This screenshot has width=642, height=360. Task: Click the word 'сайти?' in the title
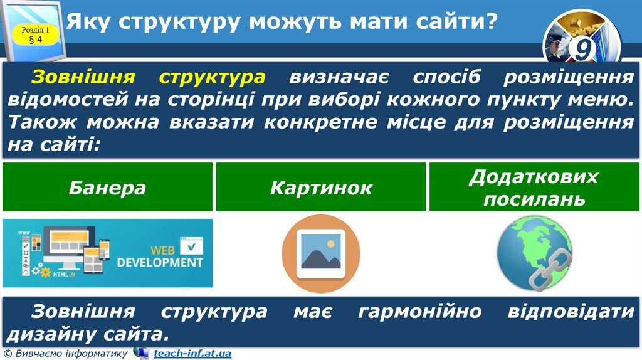coord(456,23)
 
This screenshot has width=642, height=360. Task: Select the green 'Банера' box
coord(108,187)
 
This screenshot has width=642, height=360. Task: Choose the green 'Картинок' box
coord(321,187)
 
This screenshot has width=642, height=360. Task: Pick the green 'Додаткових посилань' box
coord(534,187)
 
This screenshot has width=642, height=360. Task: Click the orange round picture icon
coord(321,254)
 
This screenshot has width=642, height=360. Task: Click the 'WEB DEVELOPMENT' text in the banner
coord(160,257)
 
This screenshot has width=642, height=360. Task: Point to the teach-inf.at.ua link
coord(192,354)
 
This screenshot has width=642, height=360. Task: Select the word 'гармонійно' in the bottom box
coord(419,311)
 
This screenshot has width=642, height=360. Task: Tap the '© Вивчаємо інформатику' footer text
coord(65,354)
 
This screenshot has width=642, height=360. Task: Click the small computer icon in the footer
coord(141,353)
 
